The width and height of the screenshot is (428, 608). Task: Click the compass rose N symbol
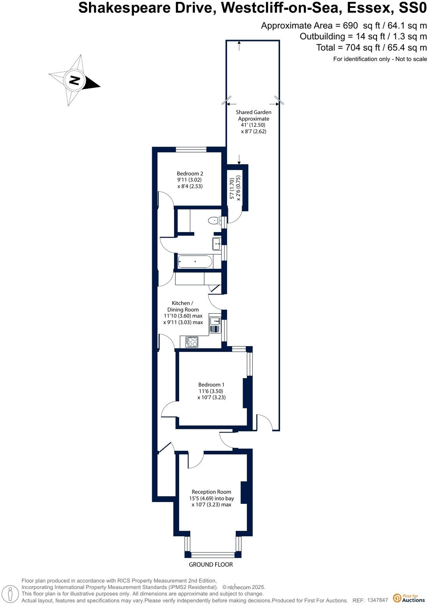[x=74, y=80]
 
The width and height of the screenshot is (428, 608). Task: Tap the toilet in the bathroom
[x=214, y=220]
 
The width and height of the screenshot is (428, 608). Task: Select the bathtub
[x=195, y=261]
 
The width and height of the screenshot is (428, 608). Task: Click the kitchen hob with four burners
[x=192, y=341]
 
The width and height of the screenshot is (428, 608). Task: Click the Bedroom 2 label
[x=190, y=173]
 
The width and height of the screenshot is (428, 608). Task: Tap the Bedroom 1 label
[x=211, y=385]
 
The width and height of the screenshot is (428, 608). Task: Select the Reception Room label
[x=211, y=492]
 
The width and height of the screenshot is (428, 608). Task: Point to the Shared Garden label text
[x=254, y=112]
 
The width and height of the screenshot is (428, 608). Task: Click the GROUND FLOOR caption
[x=211, y=564]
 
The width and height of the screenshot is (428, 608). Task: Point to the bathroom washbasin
[x=216, y=244]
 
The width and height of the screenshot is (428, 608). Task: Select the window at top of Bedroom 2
[x=191, y=149]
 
